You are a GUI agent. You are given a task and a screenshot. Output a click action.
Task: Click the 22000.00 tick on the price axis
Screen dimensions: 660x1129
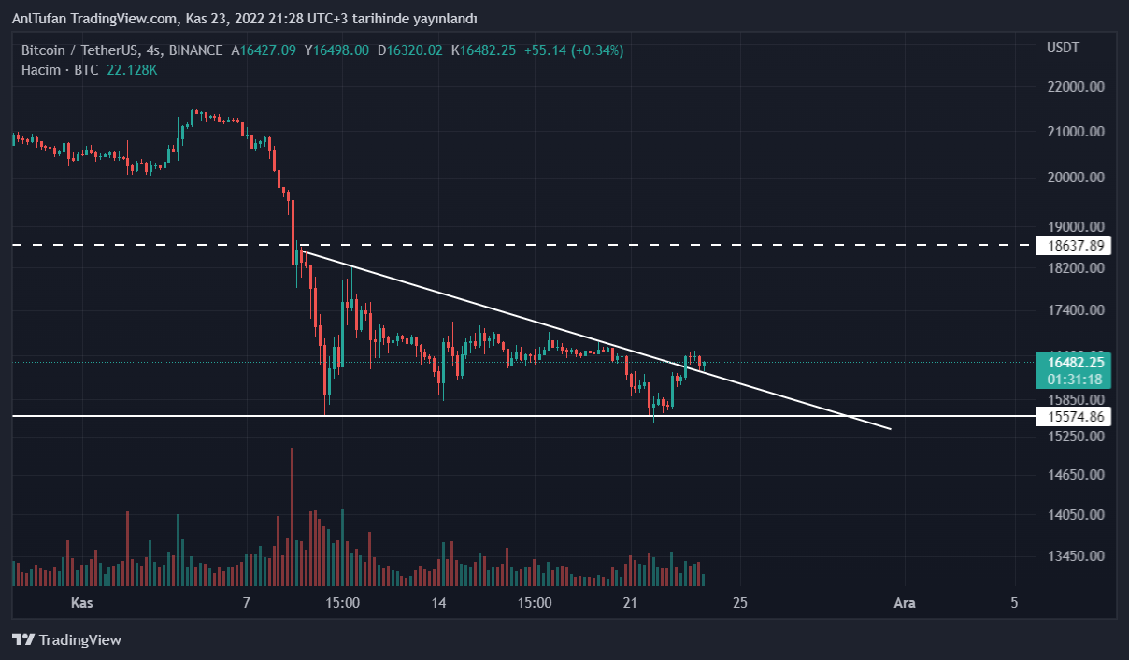(1076, 87)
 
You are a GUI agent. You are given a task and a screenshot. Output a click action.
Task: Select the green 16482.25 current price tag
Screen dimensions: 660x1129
(1076, 363)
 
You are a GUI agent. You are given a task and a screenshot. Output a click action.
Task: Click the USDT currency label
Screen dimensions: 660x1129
(1063, 48)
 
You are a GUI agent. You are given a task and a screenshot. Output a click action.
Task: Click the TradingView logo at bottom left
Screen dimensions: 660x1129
(66, 640)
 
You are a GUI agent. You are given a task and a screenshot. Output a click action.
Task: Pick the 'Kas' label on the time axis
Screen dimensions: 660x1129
(82, 603)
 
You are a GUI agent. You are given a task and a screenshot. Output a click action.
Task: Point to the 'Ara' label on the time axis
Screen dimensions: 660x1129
(904, 603)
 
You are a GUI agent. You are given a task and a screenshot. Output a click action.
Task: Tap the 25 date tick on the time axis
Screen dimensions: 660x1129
(740, 603)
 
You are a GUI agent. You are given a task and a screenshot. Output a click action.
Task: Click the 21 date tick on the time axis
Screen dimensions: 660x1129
(630, 603)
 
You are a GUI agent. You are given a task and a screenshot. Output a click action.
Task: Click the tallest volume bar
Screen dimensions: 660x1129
(293, 517)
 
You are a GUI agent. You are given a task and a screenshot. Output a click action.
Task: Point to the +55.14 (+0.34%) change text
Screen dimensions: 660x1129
(572, 50)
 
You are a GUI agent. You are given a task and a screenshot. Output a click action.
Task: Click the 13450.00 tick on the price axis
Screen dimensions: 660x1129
(1076, 556)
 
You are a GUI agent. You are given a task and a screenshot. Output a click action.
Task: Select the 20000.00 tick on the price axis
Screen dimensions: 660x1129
(1076, 178)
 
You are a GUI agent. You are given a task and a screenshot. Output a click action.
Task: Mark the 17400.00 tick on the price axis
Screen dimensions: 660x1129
(1076, 310)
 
